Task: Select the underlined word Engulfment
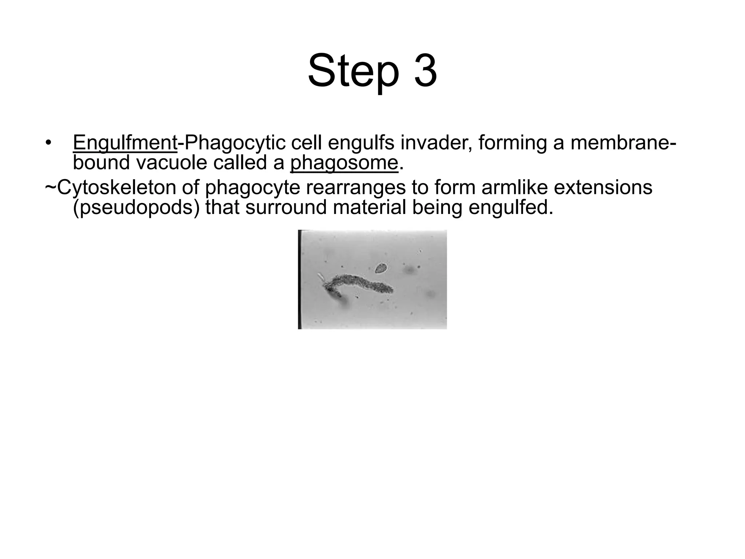125,142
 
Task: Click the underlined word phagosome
344,163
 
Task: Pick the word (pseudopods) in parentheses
136,208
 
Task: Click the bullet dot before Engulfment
48,143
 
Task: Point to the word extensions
605,187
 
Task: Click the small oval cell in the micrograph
381,269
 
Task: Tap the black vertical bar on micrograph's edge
299,279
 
